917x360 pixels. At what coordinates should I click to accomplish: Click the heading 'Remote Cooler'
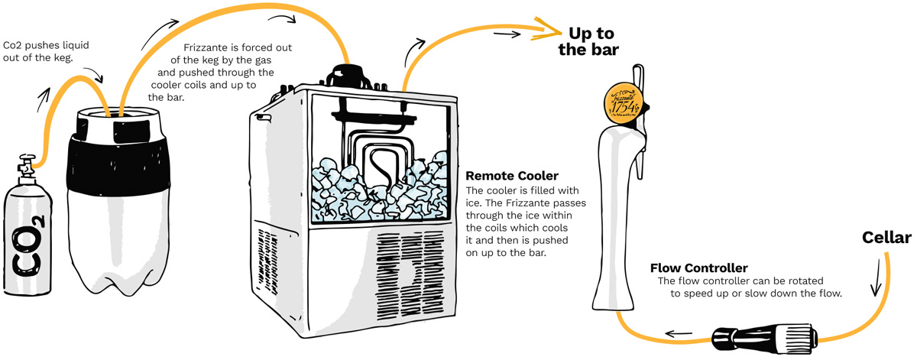point(511,176)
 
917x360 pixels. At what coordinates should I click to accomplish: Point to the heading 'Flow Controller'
point(698,268)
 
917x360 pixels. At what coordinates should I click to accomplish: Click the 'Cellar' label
point(886,238)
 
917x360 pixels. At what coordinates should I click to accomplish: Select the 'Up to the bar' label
point(592,41)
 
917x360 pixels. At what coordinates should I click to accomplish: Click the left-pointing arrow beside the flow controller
point(678,334)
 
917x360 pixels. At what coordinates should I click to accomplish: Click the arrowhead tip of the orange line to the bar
point(560,31)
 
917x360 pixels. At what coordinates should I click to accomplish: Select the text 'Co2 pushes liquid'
point(46,45)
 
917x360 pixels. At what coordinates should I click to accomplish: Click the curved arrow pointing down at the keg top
point(94,75)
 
